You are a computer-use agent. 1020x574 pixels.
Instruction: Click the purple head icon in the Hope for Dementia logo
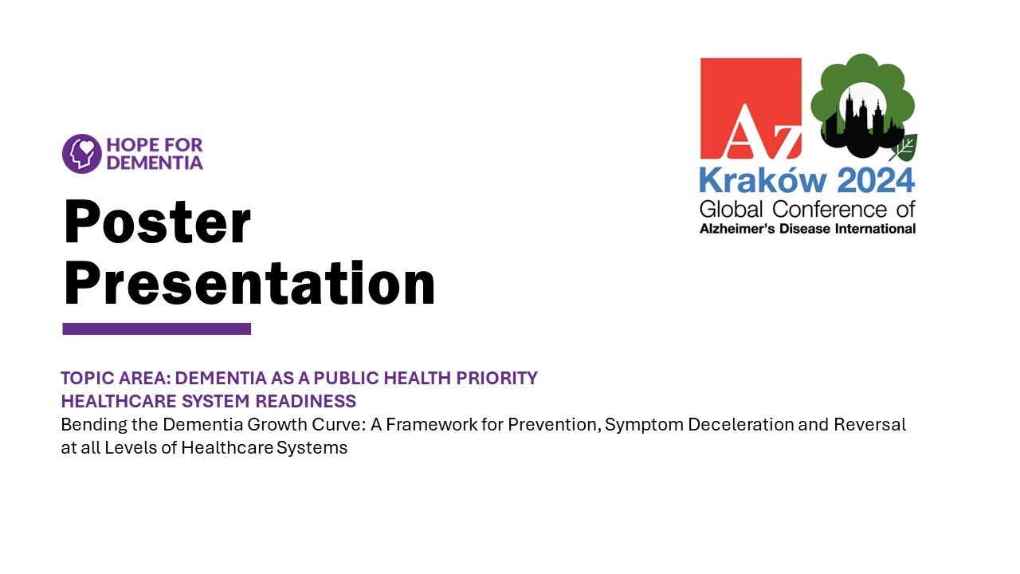(82, 154)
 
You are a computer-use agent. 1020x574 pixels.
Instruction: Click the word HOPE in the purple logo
(128, 145)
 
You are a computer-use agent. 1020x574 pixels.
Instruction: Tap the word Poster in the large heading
(157, 222)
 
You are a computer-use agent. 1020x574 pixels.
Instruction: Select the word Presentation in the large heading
(249, 283)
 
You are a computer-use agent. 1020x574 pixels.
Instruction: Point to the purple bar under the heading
(157, 328)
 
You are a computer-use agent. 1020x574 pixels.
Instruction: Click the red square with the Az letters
(751, 108)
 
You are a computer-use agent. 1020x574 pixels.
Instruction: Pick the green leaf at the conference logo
(904, 147)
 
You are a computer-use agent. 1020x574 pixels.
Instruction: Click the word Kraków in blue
(763, 181)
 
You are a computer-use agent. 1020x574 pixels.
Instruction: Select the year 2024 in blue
(876, 181)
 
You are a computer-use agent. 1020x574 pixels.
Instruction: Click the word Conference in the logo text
(830, 210)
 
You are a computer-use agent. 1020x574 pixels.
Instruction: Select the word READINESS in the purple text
(305, 401)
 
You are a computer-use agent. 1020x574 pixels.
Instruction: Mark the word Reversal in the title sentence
(869, 425)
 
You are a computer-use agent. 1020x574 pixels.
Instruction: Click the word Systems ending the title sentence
(312, 448)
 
